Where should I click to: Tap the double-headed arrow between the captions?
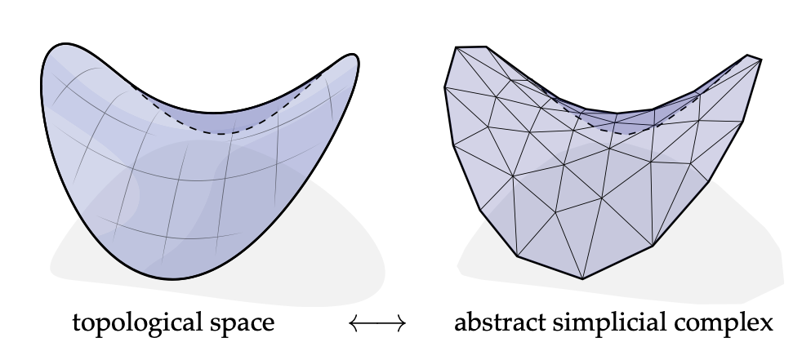pyautogui.click(x=376, y=324)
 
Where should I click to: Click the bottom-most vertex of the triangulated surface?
pyautogui.click(x=582, y=278)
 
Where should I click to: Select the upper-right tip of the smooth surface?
pyautogui.click(x=354, y=57)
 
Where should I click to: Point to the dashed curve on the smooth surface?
pyautogui.click(x=229, y=132)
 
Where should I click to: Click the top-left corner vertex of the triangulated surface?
pyautogui.click(x=457, y=48)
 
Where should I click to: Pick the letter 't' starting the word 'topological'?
pyautogui.click(x=77, y=323)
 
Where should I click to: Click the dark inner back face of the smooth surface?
pyautogui.click(x=245, y=118)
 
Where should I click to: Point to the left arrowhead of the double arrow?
pyautogui.click(x=353, y=324)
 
